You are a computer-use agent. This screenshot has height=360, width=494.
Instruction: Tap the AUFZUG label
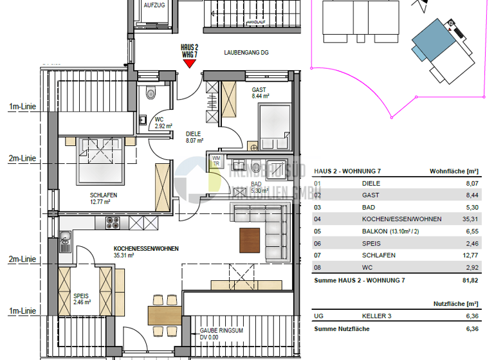(154, 5)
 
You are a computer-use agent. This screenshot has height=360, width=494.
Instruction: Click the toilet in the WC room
(151, 93)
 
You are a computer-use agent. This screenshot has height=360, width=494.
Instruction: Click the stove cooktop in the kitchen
(113, 223)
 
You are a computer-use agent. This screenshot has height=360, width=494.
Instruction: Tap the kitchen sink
(65, 243)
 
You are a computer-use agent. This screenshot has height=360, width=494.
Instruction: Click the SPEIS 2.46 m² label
(81, 298)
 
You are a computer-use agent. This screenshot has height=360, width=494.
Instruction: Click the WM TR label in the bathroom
(217, 161)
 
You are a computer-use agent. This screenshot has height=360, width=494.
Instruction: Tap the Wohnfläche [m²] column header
(453, 172)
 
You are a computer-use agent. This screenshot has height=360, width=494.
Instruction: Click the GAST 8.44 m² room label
(259, 93)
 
